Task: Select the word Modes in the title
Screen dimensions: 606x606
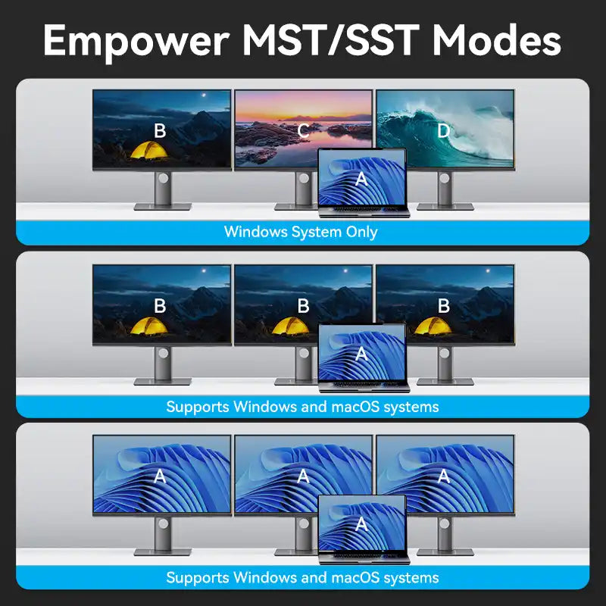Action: tap(497, 40)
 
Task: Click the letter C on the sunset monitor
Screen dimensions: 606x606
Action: tap(304, 131)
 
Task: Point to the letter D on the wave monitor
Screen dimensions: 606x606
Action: tap(444, 131)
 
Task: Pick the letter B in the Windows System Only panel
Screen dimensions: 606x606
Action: tap(160, 131)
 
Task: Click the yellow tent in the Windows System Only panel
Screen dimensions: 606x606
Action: tap(149, 150)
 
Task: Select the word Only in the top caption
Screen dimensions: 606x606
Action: tap(362, 233)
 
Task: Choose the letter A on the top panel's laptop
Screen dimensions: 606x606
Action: tap(361, 179)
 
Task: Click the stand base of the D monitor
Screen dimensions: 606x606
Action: tap(445, 207)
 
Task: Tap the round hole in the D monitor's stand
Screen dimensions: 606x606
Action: tap(444, 178)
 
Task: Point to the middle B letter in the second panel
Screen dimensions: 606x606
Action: tap(304, 306)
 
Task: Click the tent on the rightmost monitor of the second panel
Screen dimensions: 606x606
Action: tap(433, 326)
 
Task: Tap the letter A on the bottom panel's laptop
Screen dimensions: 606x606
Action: tap(361, 524)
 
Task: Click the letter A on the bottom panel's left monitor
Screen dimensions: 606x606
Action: tap(160, 476)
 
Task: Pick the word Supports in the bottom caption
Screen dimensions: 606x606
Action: tap(198, 579)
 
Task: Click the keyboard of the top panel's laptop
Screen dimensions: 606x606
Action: tap(364, 209)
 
